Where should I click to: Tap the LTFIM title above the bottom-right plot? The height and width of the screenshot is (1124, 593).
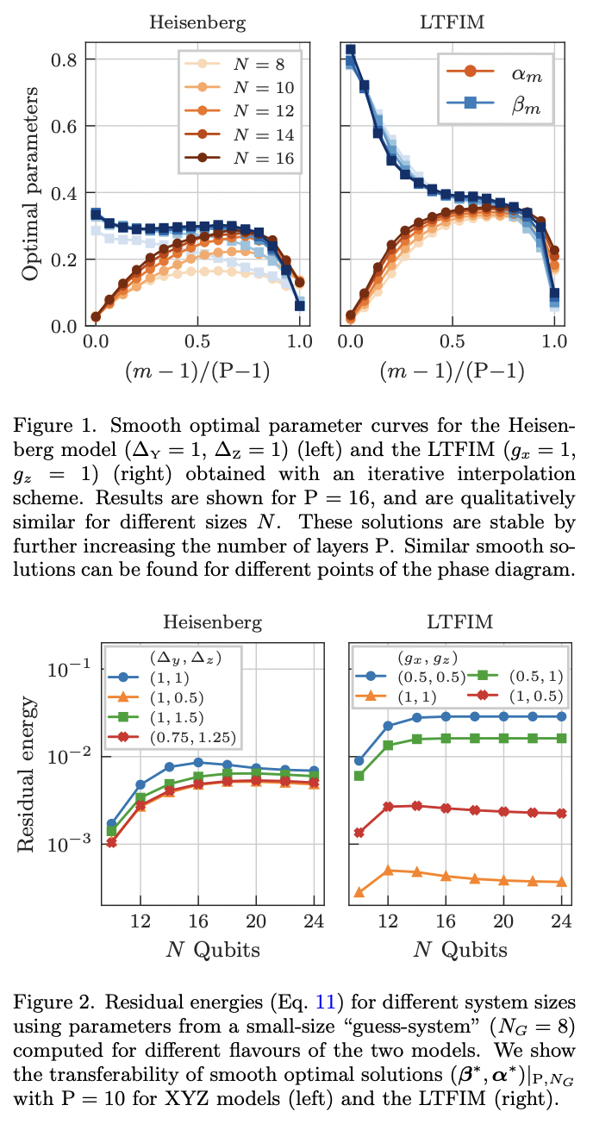[x=456, y=621]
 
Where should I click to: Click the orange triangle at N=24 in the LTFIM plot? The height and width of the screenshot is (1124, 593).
[x=561, y=882]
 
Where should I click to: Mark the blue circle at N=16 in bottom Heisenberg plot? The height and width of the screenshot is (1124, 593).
[x=198, y=762]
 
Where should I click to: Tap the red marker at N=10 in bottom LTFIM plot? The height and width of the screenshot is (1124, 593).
[x=359, y=833]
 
